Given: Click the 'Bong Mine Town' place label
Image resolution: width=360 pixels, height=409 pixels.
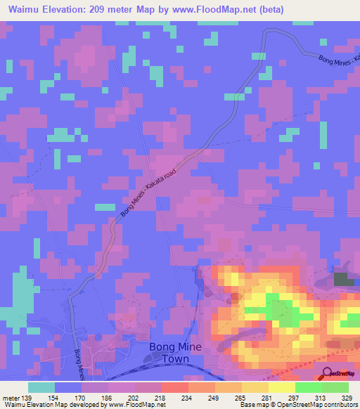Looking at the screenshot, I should pos(175,353).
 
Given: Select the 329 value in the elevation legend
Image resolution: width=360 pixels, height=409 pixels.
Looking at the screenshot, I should pos(347,398).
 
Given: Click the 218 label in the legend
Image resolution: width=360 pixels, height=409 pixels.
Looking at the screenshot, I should pos(160,398).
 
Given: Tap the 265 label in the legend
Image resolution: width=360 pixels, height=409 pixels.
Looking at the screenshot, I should pos(240,398).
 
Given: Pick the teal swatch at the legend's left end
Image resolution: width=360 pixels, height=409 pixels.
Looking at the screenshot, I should pos(41,387).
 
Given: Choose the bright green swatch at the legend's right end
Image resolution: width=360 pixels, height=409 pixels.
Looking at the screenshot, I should pos(335,387).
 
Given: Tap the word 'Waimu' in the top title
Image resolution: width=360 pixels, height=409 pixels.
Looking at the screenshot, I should pos(23,9).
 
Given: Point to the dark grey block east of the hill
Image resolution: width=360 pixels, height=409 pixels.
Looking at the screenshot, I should pos(344,279).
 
